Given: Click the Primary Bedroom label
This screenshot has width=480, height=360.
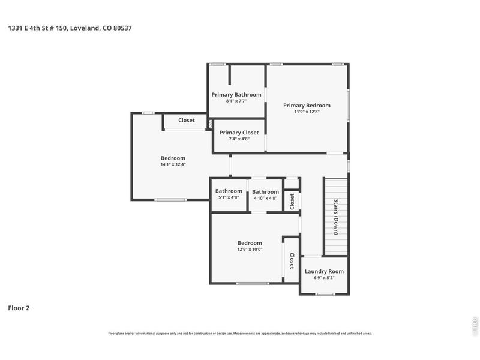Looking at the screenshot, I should (x=307, y=106).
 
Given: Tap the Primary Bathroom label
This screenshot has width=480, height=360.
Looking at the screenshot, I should (x=236, y=95).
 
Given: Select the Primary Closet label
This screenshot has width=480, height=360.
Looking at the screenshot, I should (x=239, y=133).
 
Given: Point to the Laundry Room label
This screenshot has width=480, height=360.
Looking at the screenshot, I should (x=324, y=271).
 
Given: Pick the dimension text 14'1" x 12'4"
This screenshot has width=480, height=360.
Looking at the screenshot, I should (x=173, y=164).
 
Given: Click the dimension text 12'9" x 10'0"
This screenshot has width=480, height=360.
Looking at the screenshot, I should (x=250, y=249).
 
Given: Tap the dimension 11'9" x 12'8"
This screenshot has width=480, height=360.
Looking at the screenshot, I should (x=307, y=112).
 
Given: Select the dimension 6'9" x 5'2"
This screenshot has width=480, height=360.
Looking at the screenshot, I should (x=324, y=277).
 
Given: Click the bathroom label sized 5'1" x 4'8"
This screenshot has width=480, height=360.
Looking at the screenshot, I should (x=229, y=191).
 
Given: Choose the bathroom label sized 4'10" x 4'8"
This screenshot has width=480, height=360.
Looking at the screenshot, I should (x=265, y=191).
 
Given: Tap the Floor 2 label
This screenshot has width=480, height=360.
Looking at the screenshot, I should (x=19, y=308).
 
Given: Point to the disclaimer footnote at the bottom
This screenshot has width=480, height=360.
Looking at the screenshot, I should (x=240, y=333).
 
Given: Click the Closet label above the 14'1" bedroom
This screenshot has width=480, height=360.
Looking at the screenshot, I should (x=187, y=121).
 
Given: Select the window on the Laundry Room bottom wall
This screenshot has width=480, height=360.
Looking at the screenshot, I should (x=325, y=294).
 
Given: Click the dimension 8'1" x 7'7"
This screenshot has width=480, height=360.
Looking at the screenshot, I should (x=236, y=101).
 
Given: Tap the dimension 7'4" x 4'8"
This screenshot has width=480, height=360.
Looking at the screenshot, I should (x=239, y=139).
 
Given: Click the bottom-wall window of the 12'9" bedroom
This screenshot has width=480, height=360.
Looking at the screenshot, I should (x=253, y=283).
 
